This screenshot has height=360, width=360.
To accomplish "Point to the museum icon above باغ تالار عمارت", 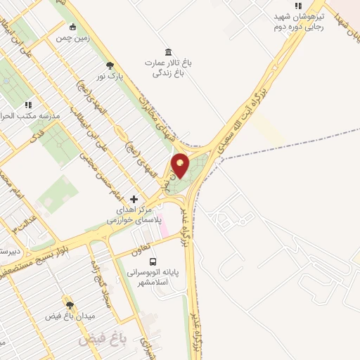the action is click(167, 52).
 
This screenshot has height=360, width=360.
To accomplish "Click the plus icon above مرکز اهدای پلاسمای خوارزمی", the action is click(134, 200).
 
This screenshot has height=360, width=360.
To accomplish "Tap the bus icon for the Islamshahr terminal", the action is click(153, 262).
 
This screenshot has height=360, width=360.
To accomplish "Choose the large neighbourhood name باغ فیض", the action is click(102, 340).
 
